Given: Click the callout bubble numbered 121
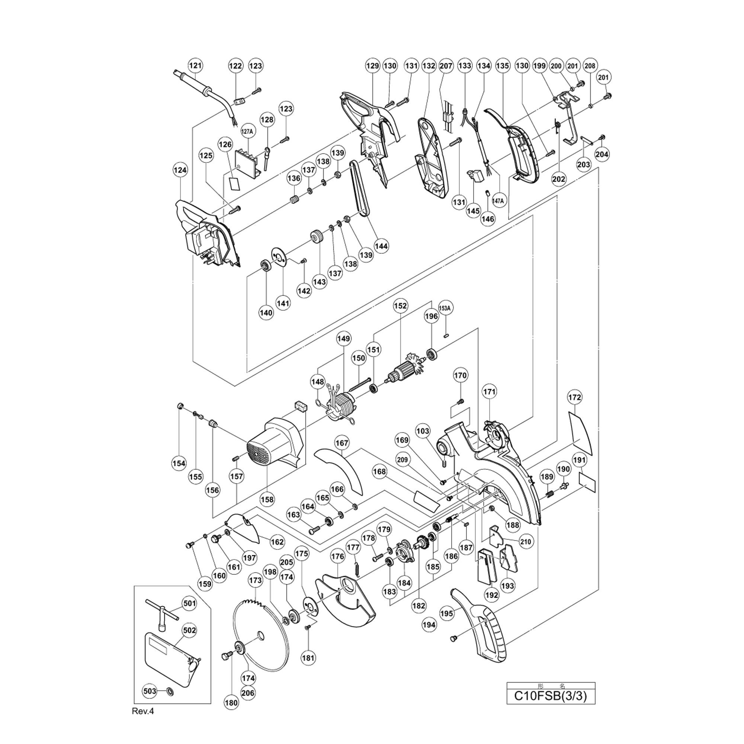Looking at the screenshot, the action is [x=196, y=65].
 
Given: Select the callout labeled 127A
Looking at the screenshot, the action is [x=248, y=131].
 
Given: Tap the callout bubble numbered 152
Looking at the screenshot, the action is [x=401, y=306].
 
